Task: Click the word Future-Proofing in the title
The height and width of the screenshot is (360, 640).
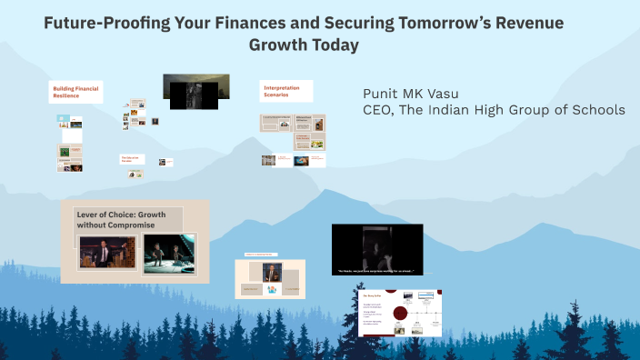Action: click(99, 24)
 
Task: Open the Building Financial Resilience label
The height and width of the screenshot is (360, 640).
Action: click(75, 92)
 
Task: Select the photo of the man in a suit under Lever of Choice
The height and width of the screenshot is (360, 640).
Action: click(107, 255)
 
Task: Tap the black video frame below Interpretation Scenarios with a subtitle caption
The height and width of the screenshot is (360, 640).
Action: click(376, 249)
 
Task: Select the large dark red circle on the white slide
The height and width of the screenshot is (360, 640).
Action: click(398, 314)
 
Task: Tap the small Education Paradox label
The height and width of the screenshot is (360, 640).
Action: click(133, 159)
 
